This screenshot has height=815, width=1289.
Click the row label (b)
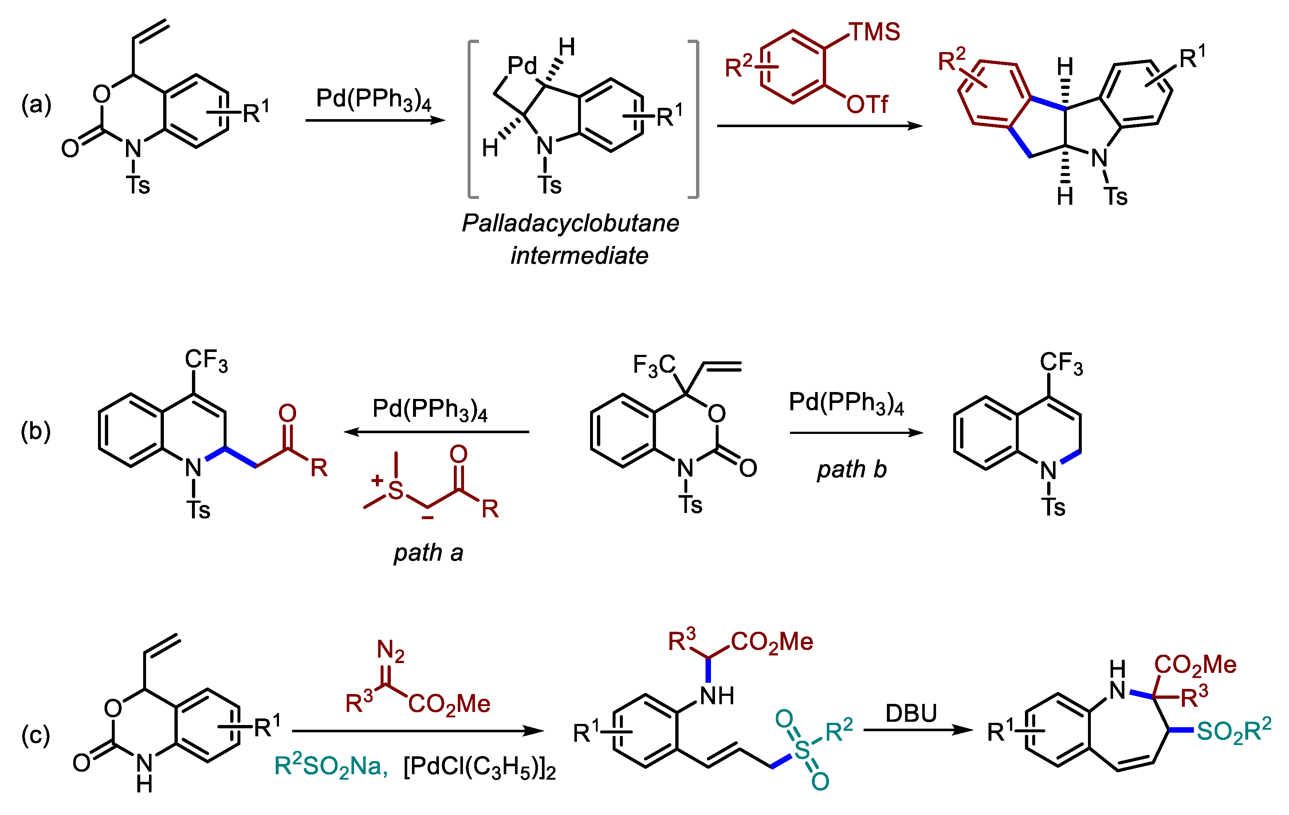35,431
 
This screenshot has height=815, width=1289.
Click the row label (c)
35,735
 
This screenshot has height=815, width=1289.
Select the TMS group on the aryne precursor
875,32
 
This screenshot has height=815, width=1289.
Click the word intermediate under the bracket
579,255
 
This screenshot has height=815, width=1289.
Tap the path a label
428,553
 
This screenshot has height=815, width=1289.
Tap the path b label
852,470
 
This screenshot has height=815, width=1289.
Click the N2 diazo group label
390,651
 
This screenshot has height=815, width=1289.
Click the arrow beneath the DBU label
918,730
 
